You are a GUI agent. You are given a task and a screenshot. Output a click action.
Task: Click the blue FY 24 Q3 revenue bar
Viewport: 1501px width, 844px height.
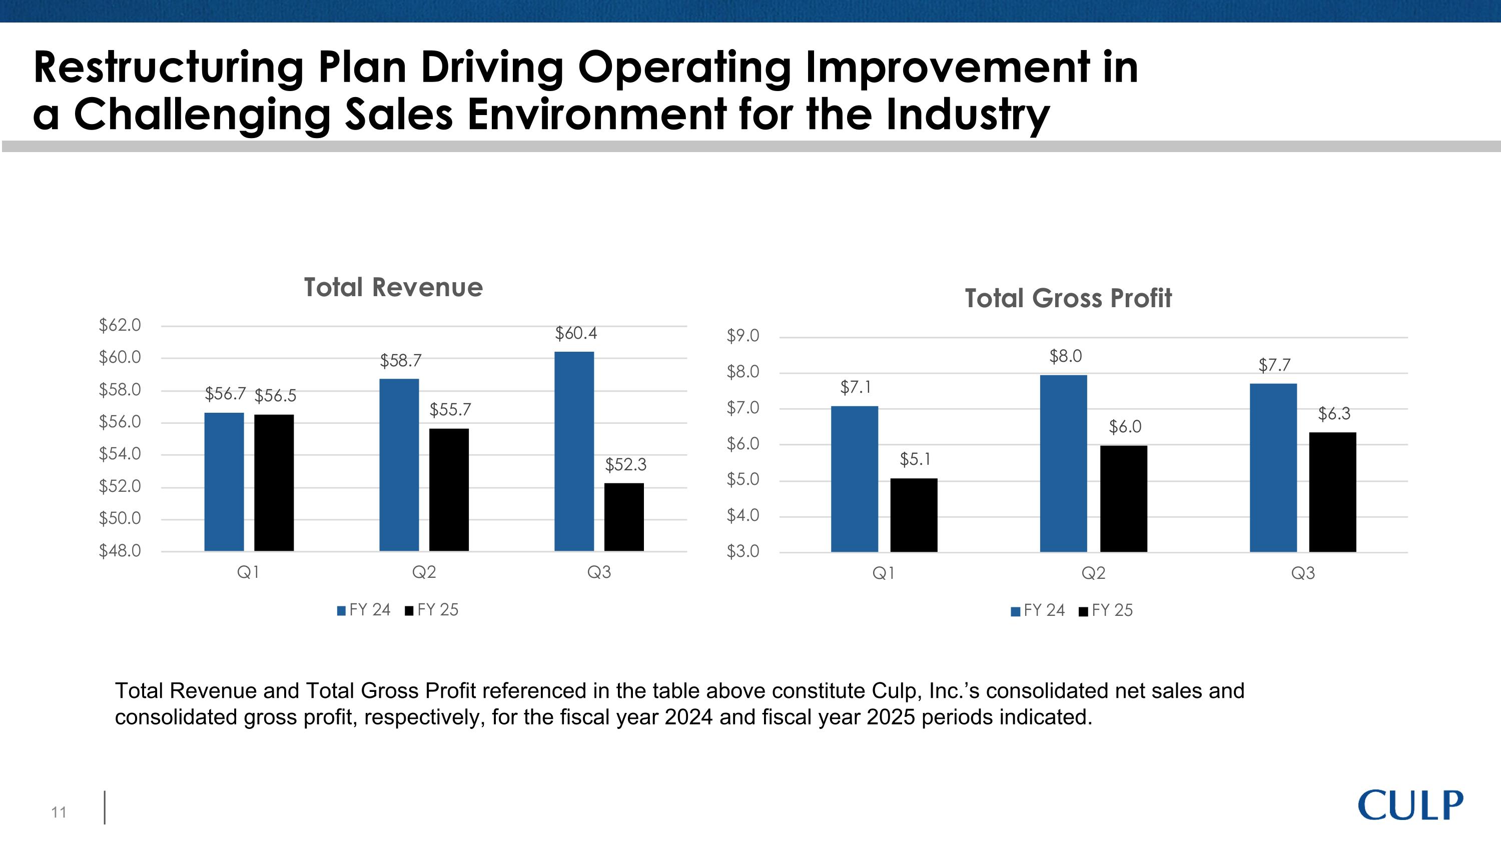(x=574, y=451)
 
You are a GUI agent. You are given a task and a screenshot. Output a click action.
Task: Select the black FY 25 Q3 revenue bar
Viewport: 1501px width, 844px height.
(x=623, y=517)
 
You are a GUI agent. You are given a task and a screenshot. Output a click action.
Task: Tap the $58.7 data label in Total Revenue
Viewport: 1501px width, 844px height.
(x=400, y=361)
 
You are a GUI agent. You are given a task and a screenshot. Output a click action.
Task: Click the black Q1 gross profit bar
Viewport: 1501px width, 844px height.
(x=914, y=515)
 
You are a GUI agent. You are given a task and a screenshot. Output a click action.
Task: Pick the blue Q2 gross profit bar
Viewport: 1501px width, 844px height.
(x=1063, y=463)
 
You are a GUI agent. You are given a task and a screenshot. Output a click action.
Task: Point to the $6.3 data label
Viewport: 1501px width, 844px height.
(x=1334, y=414)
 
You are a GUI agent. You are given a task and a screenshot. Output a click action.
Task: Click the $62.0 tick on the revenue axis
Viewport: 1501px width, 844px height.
(x=120, y=325)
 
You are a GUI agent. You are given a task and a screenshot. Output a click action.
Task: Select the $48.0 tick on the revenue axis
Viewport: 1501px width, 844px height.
(x=120, y=551)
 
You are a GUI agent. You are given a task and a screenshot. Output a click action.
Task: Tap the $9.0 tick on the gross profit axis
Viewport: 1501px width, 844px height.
(x=743, y=336)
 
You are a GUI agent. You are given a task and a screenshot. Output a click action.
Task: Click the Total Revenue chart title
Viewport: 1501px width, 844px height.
(x=393, y=287)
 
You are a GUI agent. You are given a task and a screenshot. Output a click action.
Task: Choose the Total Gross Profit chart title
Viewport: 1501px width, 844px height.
(x=1068, y=298)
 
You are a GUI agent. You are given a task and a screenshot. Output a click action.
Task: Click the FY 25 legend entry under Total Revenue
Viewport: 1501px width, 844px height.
(x=432, y=610)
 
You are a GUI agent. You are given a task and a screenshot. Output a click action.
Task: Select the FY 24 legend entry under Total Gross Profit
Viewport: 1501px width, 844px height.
(x=1038, y=610)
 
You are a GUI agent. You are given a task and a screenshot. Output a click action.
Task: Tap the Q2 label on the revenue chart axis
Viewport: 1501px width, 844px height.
(x=424, y=572)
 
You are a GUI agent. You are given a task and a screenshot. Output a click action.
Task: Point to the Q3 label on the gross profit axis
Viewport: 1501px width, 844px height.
(x=1303, y=574)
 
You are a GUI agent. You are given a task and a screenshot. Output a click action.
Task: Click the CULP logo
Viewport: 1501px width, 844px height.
(x=1409, y=805)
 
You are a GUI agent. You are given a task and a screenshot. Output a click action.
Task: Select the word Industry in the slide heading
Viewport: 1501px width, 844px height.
(x=968, y=115)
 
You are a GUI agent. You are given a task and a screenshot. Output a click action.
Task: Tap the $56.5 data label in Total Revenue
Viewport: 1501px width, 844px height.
(x=276, y=396)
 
